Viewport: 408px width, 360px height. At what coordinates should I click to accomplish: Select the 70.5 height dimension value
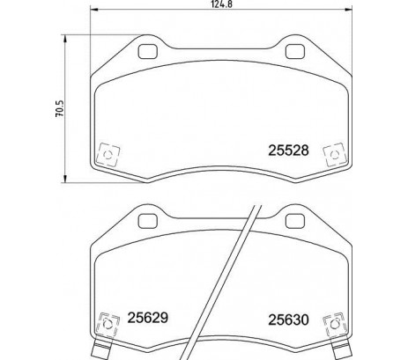pyautogui.click(x=60, y=109)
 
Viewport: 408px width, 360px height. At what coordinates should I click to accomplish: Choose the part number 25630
pyautogui.click(x=285, y=322)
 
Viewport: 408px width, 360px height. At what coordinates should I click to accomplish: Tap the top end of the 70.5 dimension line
pyautogui.click(x=70, y=35)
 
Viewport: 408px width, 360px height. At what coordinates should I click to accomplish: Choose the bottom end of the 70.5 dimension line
pyautogui.click(x=70, y=183)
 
